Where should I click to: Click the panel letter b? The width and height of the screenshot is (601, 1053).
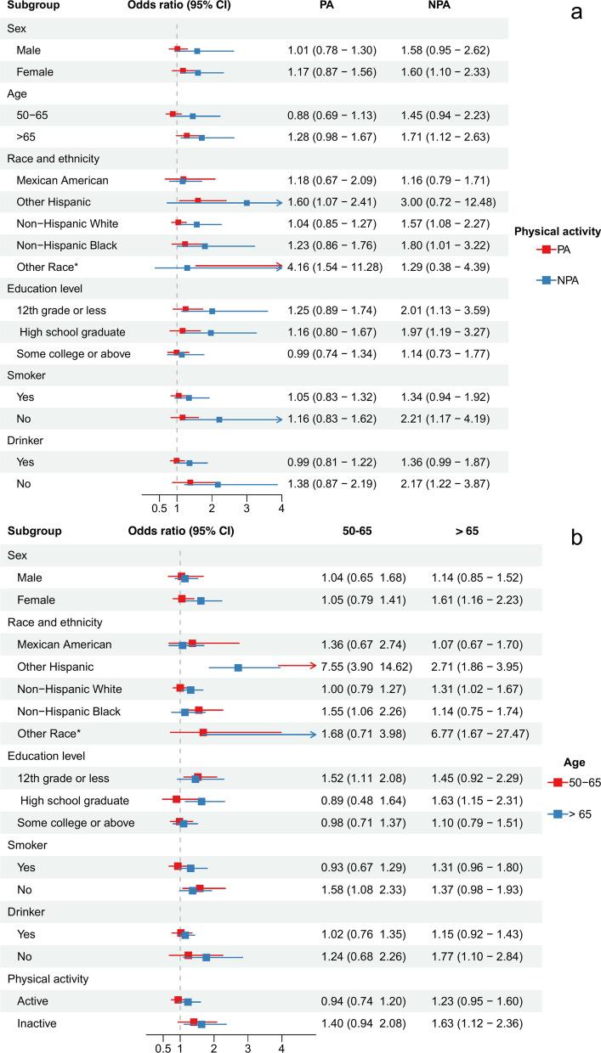(x=576, y=538)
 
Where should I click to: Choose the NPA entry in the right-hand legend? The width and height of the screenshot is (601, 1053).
(x=556, y=279)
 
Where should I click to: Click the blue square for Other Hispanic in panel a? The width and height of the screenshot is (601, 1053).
(x=247, y=203)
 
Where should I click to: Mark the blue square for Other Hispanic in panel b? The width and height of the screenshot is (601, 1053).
(x=238, y=667)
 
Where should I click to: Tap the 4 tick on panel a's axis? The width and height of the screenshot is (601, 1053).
(x=281, y=508)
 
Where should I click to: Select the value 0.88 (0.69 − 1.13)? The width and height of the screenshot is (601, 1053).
(x=332, y=115)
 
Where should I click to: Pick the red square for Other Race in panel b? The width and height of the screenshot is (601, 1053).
(x=203, y=732)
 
